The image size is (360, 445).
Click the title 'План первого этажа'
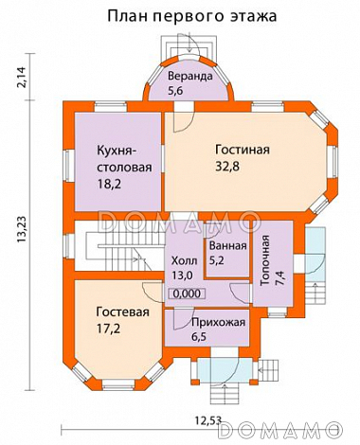tap(192, 16)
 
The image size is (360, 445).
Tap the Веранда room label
tap(190, 76)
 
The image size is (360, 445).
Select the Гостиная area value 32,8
tap(227, 166)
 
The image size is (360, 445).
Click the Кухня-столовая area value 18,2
tap(109, 184)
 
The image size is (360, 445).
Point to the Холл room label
tap(184, 260)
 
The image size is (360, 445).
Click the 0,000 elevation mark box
tap(187, 294)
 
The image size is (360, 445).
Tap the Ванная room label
tap(227, 245)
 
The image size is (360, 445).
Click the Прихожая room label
tap(218, 322)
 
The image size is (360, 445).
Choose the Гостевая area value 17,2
tap(108, 329)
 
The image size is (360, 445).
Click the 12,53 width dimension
tap(207, 420)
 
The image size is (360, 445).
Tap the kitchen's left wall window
tap(69, 166)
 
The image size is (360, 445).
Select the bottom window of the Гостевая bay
tap(118, 384)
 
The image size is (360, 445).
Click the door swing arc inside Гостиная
tap(185, 123)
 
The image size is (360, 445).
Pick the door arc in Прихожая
tap(184, 319)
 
